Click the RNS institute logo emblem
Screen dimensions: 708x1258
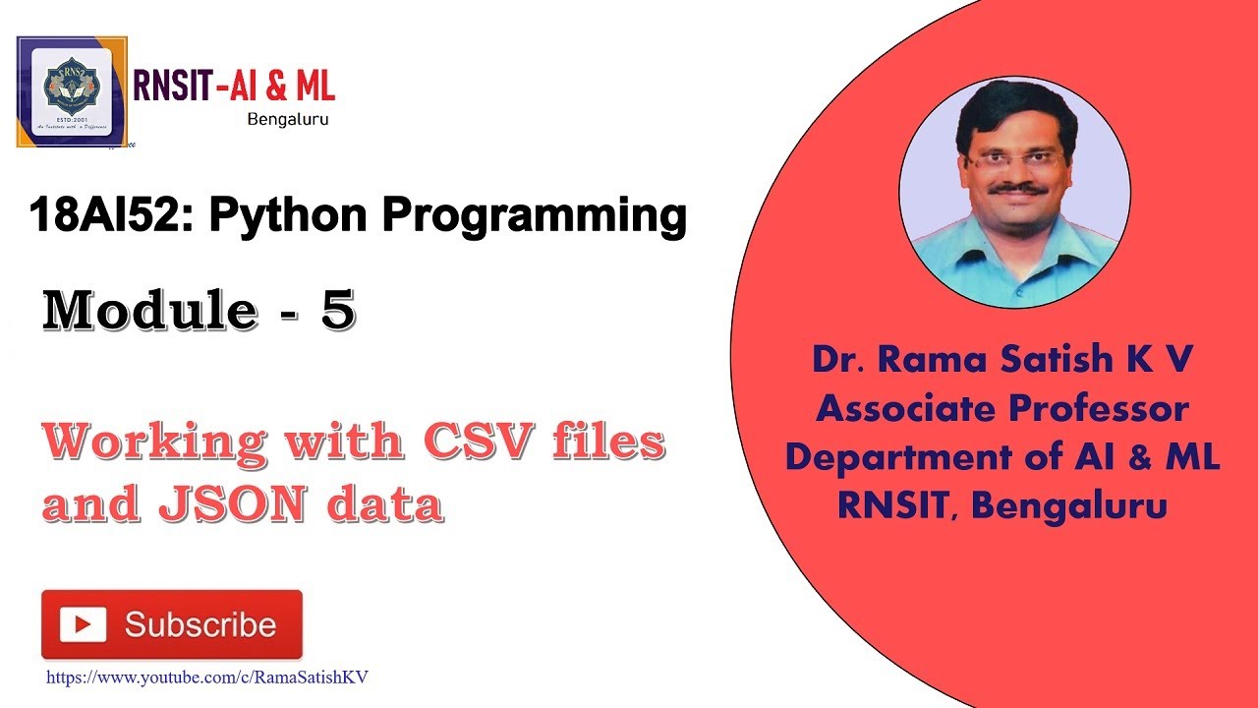(72, 90)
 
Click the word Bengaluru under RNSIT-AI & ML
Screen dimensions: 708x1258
(287, 119)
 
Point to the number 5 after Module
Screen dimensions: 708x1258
(336, 312)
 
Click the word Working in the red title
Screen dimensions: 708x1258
(152, 442)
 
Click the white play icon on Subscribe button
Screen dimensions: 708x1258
(83, 624)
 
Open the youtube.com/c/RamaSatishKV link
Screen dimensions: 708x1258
(206, 678)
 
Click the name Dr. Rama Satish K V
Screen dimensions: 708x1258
(1002, 360)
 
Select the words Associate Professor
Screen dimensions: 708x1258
(1002, 408)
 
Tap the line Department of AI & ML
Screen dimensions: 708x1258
(1002, 457)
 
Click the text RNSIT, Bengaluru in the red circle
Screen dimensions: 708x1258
(1002, 506)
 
